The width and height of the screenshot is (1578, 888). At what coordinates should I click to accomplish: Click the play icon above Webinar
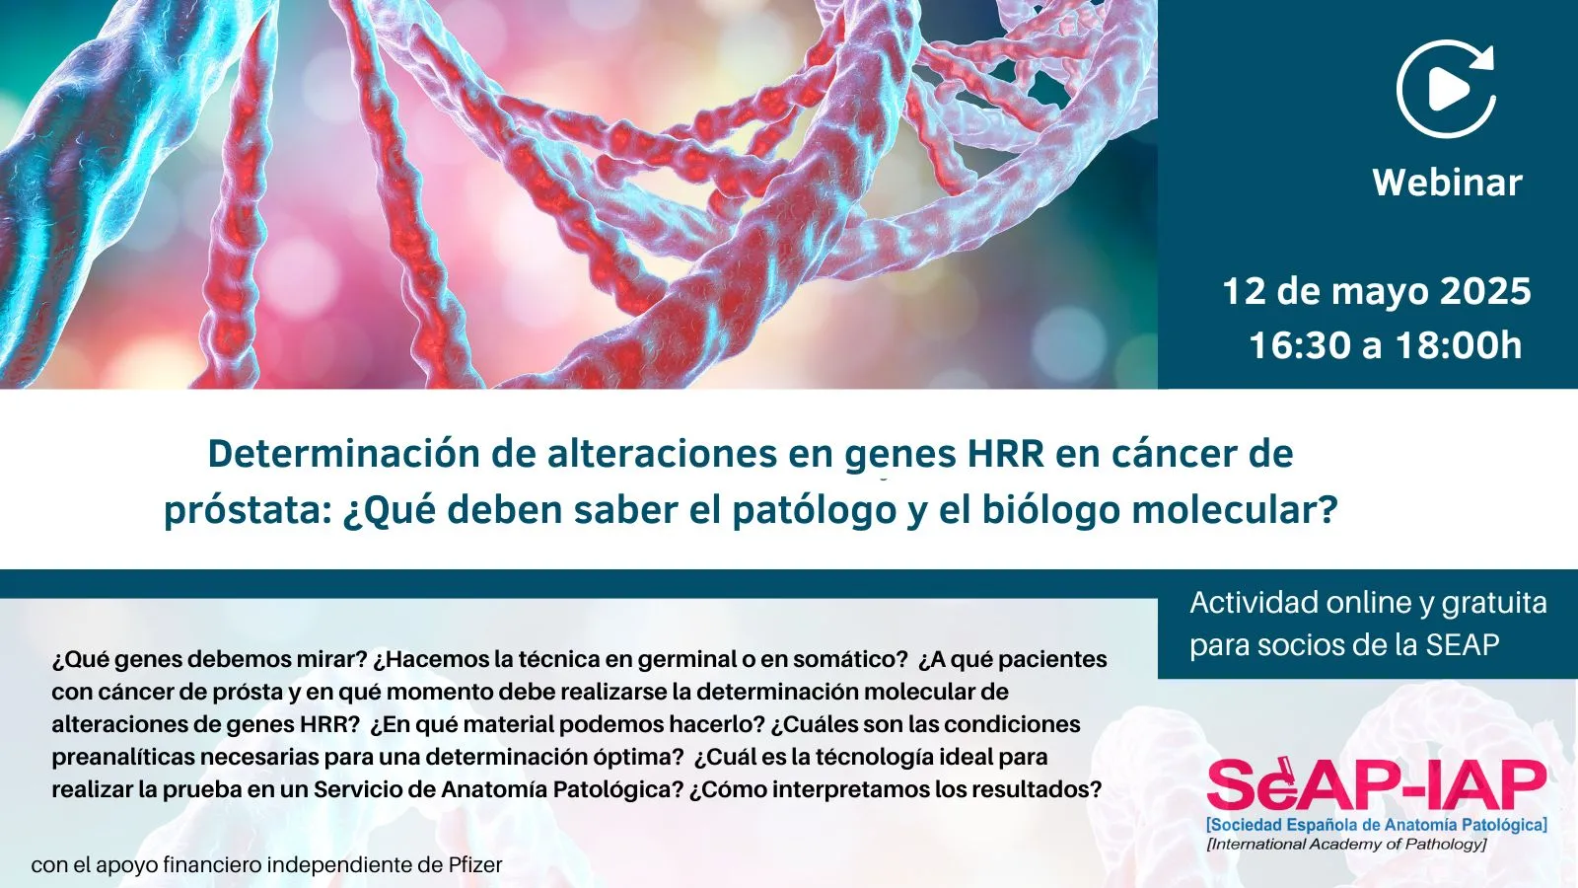(1446, 89)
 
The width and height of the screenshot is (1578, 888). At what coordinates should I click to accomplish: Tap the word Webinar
(1447, 183)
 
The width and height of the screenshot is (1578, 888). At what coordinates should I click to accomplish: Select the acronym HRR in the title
(1005, 454)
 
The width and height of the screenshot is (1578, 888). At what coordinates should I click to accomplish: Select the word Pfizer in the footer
(475, 864)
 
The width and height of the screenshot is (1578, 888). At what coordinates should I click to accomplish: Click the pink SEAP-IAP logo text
(1377, 783)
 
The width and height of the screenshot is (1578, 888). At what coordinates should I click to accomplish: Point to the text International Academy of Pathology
(1346, 845)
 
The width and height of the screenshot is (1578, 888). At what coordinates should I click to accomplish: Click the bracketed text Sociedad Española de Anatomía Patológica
(1377, 825)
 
